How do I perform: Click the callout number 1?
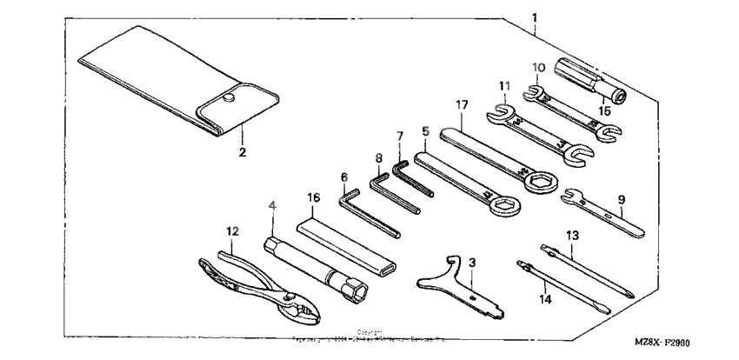coord(534,17)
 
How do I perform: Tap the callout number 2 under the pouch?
coord(243,153)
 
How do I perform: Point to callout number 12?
coord(231,231)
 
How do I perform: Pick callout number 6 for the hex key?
coord(343,177)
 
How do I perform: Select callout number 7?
coord(400,136)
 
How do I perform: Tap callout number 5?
coord(425,131)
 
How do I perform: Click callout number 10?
coord(537,67)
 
